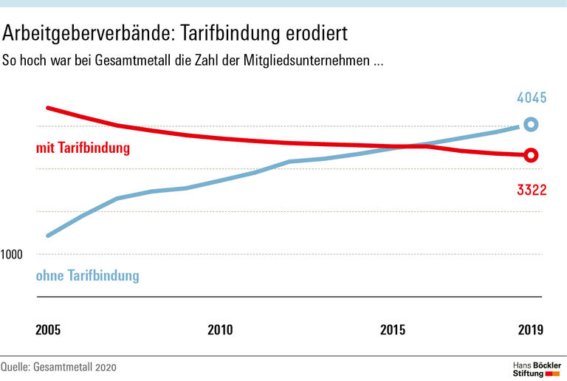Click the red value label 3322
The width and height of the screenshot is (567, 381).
coord(532,190)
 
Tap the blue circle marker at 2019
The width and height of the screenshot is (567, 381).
coord(530,125)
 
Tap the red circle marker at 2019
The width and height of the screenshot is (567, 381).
coord(530,155)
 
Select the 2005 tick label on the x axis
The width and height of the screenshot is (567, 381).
coord(49,330)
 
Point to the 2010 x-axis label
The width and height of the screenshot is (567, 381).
coord(220,330)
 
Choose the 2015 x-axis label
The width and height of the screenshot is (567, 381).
coord(393,330)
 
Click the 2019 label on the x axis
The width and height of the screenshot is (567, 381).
coord(530,330)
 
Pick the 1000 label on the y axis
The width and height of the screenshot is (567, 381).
coord(12,255)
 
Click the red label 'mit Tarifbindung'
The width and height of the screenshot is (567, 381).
coord(83,148)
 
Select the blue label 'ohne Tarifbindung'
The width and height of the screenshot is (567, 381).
coord(87,276)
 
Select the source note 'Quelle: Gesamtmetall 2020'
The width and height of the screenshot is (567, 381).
coord(59,367)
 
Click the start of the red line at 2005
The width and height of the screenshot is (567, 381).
coord(48,108)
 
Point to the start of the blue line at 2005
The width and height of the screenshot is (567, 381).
coord(48,236)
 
